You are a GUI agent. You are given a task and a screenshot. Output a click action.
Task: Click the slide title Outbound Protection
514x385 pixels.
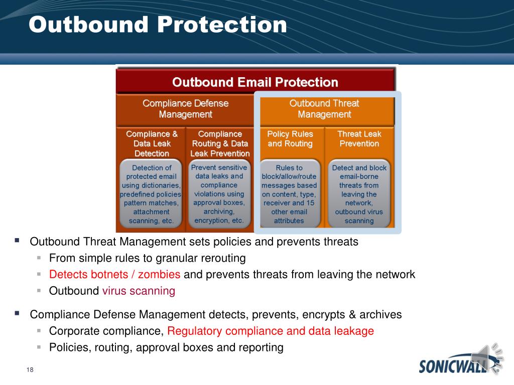click(158, 25)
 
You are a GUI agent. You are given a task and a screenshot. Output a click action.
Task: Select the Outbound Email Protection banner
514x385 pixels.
click(255, 82)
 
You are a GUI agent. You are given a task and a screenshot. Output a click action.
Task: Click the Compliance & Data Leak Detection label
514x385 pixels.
click(152, 143)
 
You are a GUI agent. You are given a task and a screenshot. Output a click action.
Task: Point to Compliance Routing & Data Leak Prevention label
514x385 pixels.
click(220, 143)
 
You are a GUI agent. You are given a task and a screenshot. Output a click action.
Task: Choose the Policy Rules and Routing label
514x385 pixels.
click(290, 138)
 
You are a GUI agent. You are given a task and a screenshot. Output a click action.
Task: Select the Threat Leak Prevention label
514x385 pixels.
click(359, 138)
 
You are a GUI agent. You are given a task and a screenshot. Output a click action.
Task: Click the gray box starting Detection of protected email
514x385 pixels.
click(151, 194)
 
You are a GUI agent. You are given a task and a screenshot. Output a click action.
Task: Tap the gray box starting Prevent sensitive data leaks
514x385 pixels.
click(219, 194)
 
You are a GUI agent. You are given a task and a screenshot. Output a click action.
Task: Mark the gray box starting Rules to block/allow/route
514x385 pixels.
click(289, 194)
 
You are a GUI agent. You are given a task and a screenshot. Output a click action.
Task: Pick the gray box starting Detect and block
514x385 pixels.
click(359, 194)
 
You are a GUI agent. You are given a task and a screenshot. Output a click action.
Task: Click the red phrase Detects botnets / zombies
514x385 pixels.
click(115, 274)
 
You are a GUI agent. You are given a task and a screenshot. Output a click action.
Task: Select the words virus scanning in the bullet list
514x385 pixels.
click(139, 291)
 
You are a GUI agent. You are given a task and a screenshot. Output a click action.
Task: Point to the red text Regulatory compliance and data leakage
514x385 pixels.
click(271, 331)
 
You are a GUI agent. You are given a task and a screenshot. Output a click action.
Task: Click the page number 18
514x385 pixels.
click(30, 369)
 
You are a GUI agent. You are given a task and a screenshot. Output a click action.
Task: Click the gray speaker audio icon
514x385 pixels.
click(487, 358)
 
